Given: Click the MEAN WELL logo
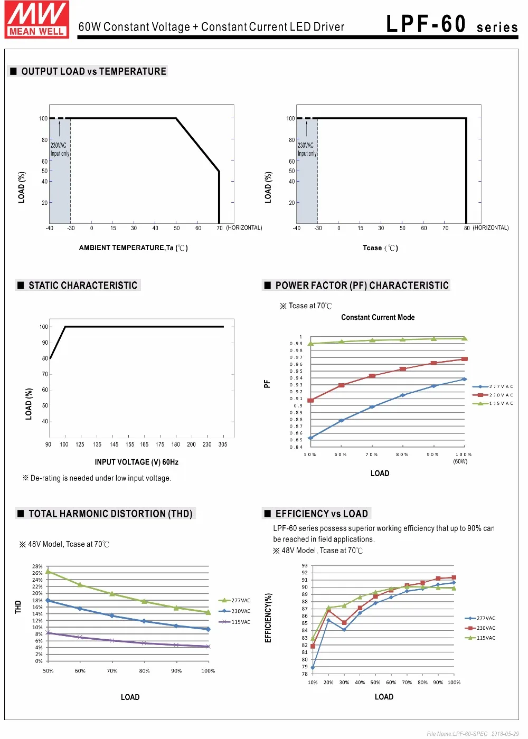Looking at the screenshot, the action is [x=36, y=20].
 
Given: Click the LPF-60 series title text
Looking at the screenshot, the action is [x=452, y=24].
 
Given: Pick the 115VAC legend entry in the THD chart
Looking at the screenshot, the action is [x=234, y=622].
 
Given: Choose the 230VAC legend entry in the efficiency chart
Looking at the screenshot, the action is [x=480, y=628].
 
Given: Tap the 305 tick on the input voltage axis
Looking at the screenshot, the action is [x=223, y=444].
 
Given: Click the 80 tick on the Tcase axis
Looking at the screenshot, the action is [x=467, y=228].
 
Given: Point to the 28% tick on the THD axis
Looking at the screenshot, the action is [x=37, y=566].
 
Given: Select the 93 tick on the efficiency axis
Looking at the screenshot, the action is [x=305, y=565].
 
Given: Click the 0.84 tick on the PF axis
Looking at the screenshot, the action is [x=296, y=447].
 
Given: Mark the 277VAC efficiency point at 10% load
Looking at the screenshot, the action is [x=313, y=667].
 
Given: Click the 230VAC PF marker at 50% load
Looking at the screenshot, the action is [x=310, y=400].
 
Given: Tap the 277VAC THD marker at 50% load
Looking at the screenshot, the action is [x=48, y=571].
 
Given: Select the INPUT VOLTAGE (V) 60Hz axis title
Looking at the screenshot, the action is [x=136, y=462].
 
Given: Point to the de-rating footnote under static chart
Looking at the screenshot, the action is [x=97, y=478].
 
